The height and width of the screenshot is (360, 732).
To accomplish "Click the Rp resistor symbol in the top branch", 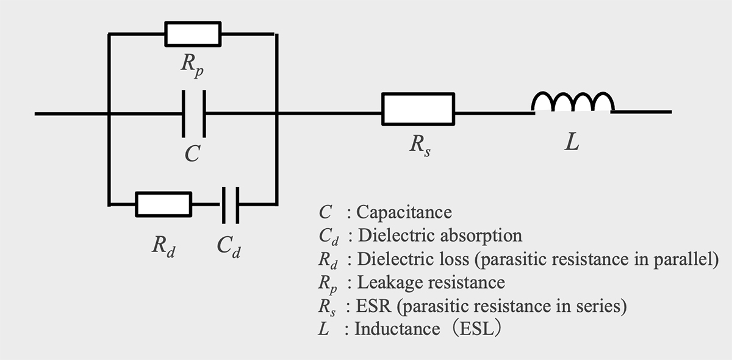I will pyautogui.click(x=193, y=34).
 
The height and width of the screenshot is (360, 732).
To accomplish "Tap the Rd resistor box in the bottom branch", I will pyautogui.click(x=163, y=204).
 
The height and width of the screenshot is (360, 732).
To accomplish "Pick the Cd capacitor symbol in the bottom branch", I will pyautogui.click(x=229, y=204).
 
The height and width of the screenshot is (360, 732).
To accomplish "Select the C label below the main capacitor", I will pyautogui.click(x=192, y=153).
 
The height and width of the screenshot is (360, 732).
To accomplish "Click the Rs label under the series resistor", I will pyautogui.click(x=419, y=146).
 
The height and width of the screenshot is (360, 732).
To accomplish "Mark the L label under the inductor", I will pyautogui.click(x=572, y=144).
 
